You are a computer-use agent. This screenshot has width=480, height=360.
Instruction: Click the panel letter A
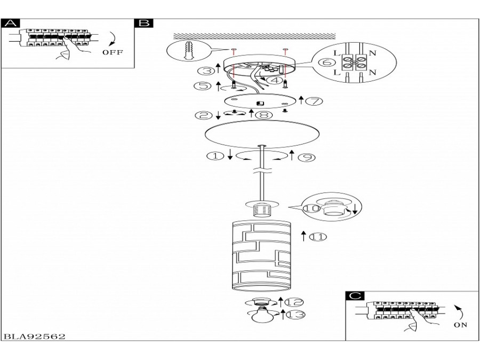[11, 23]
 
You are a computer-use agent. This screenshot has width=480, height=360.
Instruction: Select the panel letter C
[355, 295]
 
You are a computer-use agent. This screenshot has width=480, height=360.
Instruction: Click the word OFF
[113, 52]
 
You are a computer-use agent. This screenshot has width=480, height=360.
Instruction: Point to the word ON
[460, 325]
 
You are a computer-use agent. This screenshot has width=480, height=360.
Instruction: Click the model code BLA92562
[34, 337]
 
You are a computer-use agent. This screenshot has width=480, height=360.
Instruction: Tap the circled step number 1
[215, 156]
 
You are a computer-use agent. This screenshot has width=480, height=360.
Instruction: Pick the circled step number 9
[307, 157]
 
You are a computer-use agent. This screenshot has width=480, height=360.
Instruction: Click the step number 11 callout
[318, 237]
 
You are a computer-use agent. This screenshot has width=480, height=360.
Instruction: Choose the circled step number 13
[296, 315]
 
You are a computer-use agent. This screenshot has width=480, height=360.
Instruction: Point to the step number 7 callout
[314, 101]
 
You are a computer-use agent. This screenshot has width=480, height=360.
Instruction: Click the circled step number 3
[206, 71]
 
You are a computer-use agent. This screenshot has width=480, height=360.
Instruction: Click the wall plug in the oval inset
[189, 50]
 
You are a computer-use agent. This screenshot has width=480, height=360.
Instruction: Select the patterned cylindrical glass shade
[260, 255]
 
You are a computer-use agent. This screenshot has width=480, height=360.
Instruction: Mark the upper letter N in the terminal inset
[372, 53]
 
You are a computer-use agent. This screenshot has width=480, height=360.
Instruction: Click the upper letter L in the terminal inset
[337, 53]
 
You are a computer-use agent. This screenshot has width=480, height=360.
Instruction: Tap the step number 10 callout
[311, 208]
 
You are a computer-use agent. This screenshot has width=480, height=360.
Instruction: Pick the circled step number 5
[202, 85]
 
